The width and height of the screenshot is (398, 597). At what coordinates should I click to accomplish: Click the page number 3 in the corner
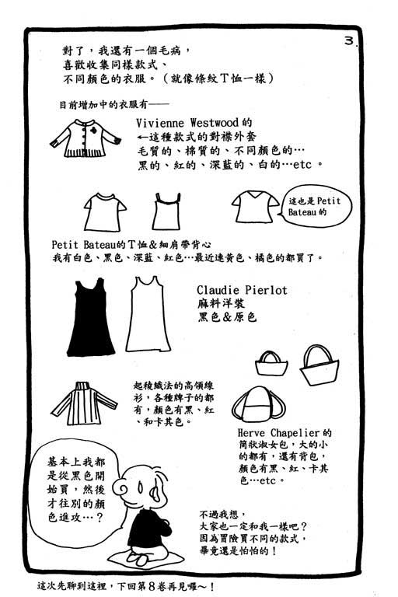[349, 40]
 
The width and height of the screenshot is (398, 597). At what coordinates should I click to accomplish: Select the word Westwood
[215, 123]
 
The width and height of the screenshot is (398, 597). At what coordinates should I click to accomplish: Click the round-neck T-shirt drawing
[105, 212]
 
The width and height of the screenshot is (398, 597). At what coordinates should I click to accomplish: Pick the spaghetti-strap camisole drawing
[166, 211]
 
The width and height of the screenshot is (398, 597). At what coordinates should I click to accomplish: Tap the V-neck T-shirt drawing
[255, 207]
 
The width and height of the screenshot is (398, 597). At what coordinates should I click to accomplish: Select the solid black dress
[91, 317]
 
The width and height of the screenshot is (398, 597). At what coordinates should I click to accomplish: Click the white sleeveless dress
[148, 315]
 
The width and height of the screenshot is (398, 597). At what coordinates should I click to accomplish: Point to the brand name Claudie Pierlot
[242, 290]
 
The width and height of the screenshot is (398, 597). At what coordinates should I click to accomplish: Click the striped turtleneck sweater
[84, 403]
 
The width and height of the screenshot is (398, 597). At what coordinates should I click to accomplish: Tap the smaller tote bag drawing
[271, 363]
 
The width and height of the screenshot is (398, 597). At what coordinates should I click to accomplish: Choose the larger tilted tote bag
[319, 365]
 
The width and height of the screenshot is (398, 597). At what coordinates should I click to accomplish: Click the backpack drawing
[259, 404]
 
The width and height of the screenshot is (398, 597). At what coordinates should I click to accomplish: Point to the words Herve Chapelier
[278, 433]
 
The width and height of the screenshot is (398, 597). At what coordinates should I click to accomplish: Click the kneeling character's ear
[155, 492]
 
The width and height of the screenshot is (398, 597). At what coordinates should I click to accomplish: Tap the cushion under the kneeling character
[146, 559]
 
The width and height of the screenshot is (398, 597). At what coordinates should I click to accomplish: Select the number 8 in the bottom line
[152, 586]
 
